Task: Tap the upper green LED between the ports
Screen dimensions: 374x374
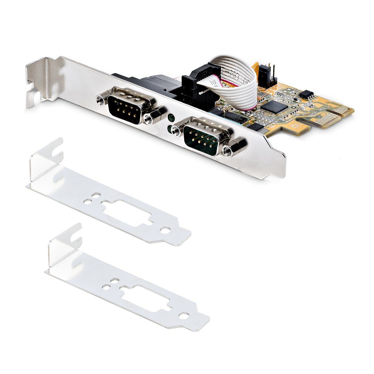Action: [171, 118]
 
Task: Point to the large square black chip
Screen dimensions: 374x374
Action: [274, 106]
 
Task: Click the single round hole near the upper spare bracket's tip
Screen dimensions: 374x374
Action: [166, 230]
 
